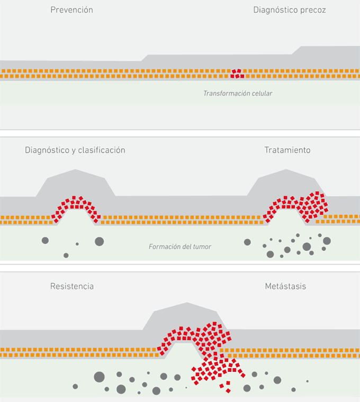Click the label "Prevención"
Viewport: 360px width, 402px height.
click(x=71, y=10)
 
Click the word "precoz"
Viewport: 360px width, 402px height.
click(x=313, y=10)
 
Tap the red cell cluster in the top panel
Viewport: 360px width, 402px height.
click(x=238, y=73)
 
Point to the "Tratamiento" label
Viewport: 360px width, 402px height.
click(x=287, y=150)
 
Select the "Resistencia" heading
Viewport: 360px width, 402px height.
click(x=72, y=287)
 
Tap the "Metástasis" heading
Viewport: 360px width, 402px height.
click(x=285, y=287)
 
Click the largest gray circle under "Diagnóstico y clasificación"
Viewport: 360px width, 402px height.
click(x=99, y=241)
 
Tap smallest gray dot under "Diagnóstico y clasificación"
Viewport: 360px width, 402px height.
click(x=77, y=244)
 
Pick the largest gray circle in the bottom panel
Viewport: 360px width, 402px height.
click(x=99, y=377)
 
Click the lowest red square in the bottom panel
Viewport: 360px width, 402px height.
click(x=228, y=390)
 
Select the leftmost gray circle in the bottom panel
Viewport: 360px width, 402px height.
click(x=75, y=386)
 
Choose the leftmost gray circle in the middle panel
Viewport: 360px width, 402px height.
click(x=45, y=241)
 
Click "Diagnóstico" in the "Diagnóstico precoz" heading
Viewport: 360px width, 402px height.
click(x=277, y=10)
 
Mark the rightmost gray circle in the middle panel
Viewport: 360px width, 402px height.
click(x=327, y=241)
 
